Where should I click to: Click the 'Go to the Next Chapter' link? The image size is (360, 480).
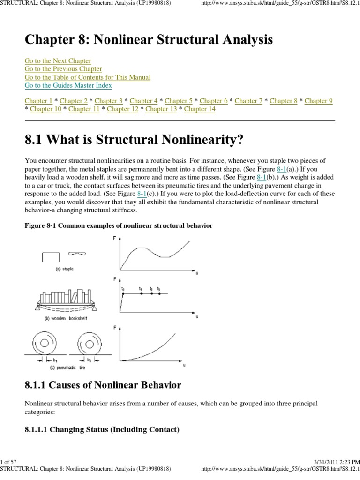coord(58,61)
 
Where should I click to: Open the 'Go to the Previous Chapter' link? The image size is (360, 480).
coord(63,69)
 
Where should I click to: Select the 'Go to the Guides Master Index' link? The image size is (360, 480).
coord(68,85)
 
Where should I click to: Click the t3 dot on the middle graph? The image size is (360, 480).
coord(159,294)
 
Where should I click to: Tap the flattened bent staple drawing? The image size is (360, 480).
coord(77,253)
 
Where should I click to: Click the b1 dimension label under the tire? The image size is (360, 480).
coord(55,360)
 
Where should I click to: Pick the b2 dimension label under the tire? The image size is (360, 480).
coord(89,360)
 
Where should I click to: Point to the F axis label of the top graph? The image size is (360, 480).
coord(115,239)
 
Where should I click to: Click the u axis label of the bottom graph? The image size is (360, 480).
coord(184,366)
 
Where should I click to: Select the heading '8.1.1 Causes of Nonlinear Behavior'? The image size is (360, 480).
coord(103,385)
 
